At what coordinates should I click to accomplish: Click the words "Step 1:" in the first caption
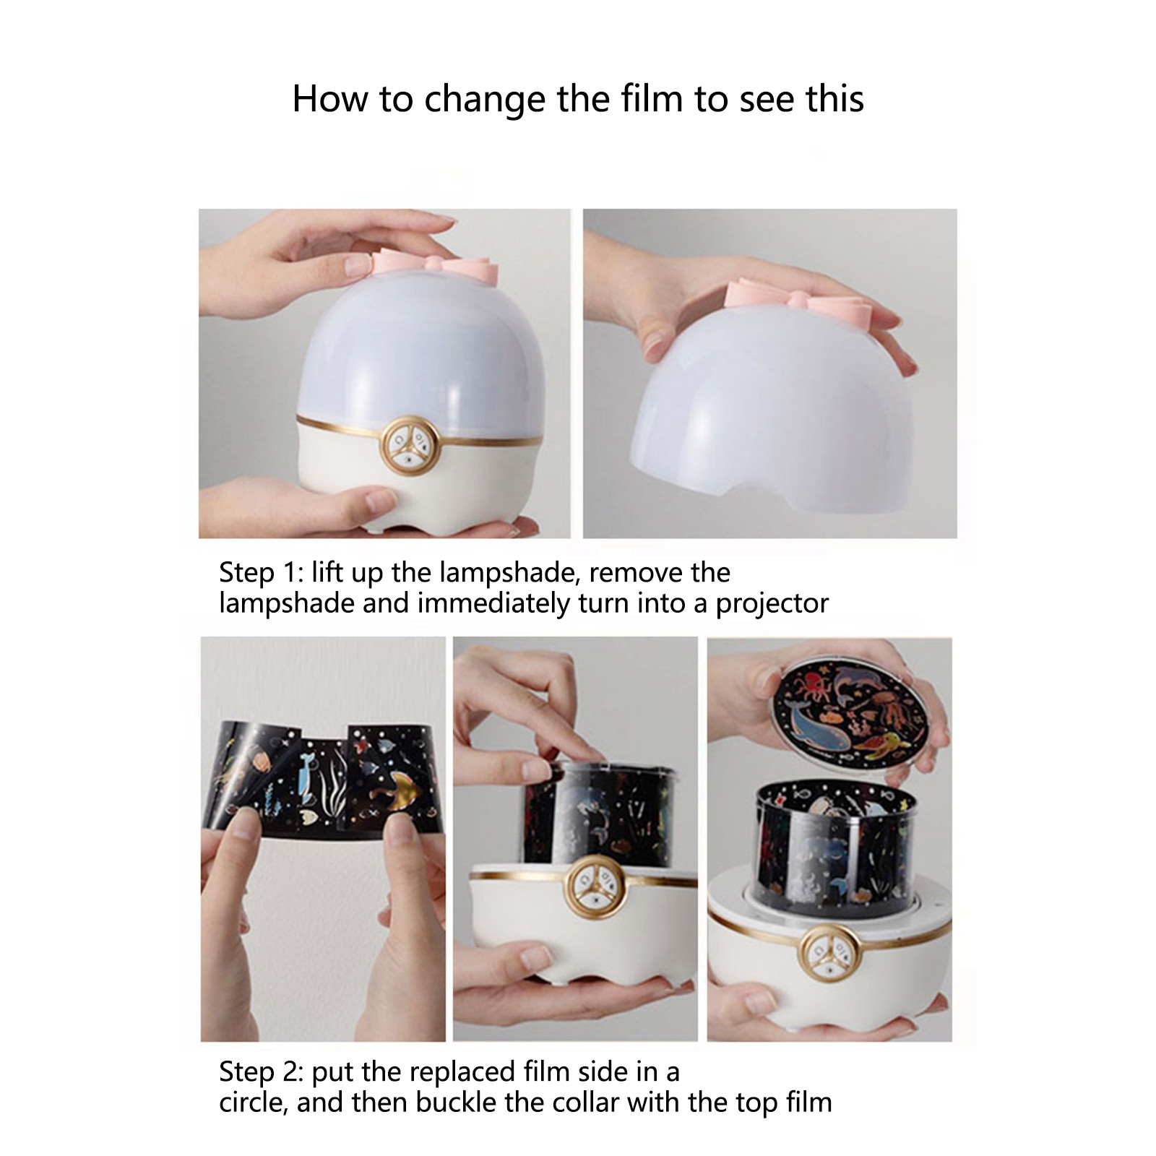262,573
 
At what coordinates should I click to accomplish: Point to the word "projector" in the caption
772,604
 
